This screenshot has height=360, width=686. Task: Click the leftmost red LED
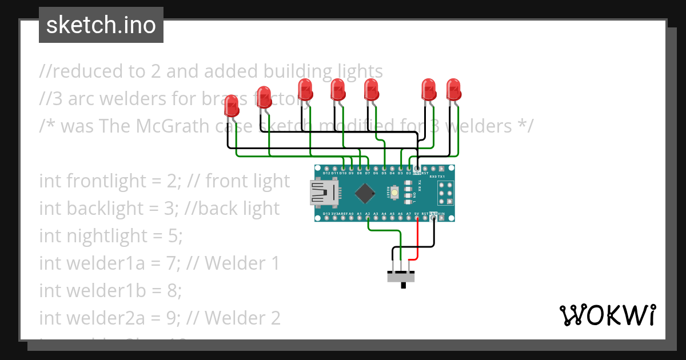pyautogui.click(x=232, y=106)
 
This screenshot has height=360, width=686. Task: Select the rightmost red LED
pyautogui.click(x=453, y=90)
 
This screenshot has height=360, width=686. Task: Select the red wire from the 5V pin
pyautogui.click(x=417, y=240)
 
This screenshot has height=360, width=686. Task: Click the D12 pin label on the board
pyautogui.click(x=326, y=173)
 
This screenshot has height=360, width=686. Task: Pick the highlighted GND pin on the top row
pyautogui.click(x=417, y=170)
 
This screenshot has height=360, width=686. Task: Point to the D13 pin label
pyautogui.click(x=326, y=214)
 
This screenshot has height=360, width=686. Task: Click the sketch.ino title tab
pyautogui.click(x=101, y=25)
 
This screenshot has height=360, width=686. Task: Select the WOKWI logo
pyautogui.click(x=607, y=315)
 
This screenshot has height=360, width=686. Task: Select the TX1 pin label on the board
pyautogui.click(x=441, y=177)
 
